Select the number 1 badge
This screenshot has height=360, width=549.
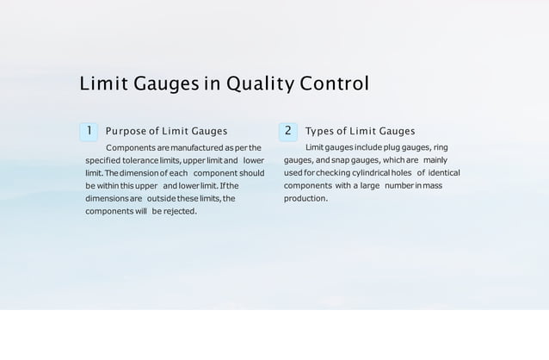click(x=89, y=131)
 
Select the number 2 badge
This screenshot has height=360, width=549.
click(x=288, y=131)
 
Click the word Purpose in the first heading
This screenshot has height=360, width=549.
click(x=126, y=132)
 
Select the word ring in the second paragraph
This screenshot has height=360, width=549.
click(x=439, y=147)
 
